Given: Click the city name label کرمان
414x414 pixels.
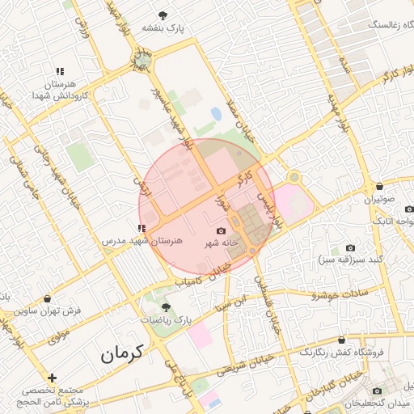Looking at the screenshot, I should pyautogui.click(x=122, y=353).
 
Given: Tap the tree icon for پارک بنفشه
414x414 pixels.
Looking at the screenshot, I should pyautogui.click(x=164, y=15).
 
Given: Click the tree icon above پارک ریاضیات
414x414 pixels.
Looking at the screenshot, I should pyautogui.click(x=167, y=307).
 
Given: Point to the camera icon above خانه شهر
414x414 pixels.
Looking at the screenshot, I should pyautogui.click(x=222, y=230).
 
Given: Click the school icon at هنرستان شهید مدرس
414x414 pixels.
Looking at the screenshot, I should pyautogui.click(x=142, y=228).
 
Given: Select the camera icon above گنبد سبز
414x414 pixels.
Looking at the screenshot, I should pyautogui.click(x=350, y=247).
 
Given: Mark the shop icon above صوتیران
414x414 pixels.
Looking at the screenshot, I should pyautogui.click(x=380, y=186).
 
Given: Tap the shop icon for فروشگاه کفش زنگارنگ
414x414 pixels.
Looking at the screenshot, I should pyautogui.click(x=342, y=340).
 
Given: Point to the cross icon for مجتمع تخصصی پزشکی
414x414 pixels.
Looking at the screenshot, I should pyautogui.click(x=52, y=378).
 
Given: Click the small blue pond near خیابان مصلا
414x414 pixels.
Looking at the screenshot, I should pyautogui.click(x=216, y=114).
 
